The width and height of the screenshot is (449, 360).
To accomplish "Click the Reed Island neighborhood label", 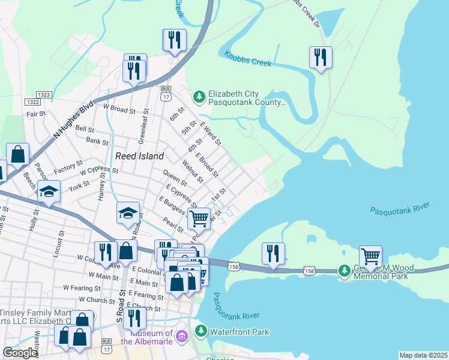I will (x=139, y=156).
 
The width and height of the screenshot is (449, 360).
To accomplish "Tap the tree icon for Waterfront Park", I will (x=200, y=331).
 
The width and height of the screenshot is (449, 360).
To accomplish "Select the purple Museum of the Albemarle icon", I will (x=182, y=340).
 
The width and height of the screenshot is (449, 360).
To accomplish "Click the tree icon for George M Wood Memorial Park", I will (x=344, y=271).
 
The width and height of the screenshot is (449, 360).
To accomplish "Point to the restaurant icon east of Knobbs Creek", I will (x=321, y=58).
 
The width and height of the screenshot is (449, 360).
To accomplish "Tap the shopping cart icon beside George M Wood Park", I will (x=370, y=256).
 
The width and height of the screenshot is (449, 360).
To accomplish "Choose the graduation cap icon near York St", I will (x=49, y=193).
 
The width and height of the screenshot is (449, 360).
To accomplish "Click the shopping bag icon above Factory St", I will (x=18, y=154).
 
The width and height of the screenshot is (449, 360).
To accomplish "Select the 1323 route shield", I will (x=43, y=95).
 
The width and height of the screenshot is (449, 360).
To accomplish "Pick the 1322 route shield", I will (x=32, y=103).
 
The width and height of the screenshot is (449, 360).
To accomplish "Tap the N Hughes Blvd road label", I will (x=74, y=121).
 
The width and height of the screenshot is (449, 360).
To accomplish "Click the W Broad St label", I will (x=119, y=109).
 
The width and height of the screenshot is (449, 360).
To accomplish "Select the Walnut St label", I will (x=193, y=170).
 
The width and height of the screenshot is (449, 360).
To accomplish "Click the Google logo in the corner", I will (x=20, y=353).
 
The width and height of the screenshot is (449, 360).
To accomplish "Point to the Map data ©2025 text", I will (x=423, y=355).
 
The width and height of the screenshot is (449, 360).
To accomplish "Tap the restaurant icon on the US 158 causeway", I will (x=273, y=253).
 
